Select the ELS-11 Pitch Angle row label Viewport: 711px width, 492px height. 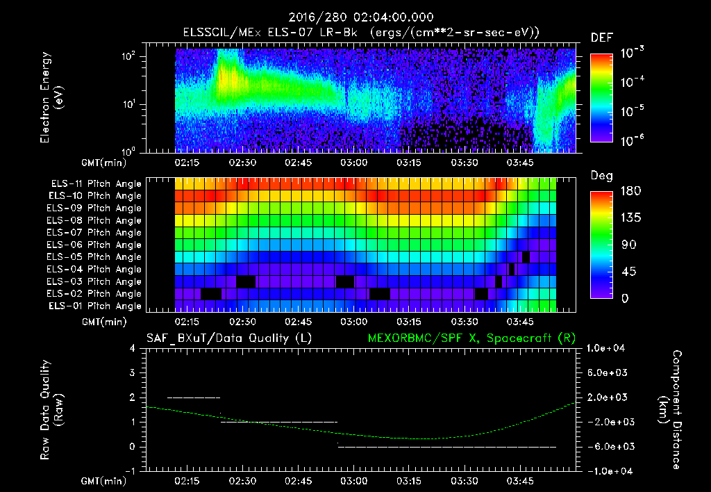tap(96, 183)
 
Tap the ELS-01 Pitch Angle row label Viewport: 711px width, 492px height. tap(94, 306)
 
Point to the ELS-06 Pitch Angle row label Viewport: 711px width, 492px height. tap(96, 245)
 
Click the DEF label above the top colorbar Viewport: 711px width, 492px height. tap(601, 38)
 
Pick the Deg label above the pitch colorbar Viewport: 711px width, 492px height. tap(601, 176)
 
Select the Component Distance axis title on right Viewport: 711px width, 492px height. tap(670, 410)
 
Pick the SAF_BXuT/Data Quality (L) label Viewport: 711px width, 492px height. tap(228, 338)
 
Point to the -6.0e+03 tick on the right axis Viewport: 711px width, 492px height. tap(607, 446)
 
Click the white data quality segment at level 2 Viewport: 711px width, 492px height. tap(194, 397)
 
